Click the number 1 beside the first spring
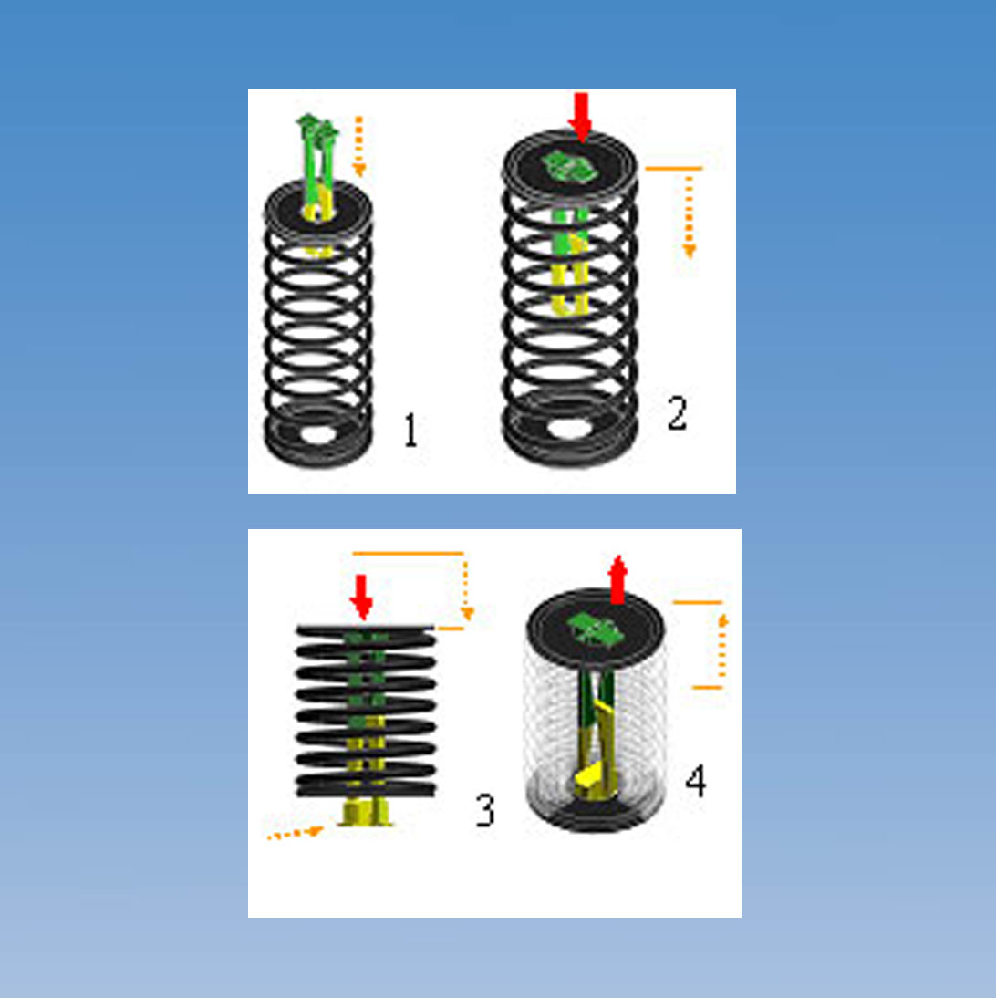[x=410, y=431]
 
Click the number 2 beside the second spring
[x=676, y=414]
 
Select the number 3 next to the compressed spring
[x=485, y=810]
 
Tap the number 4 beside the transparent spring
[x=696, y=782]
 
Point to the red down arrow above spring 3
[x=362, y=597]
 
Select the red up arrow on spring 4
[x=618, y=578]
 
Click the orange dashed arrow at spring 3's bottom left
[x=294, y=833]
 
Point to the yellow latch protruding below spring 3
[x=366, y=811]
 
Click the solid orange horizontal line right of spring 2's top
[x=673, y=169]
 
